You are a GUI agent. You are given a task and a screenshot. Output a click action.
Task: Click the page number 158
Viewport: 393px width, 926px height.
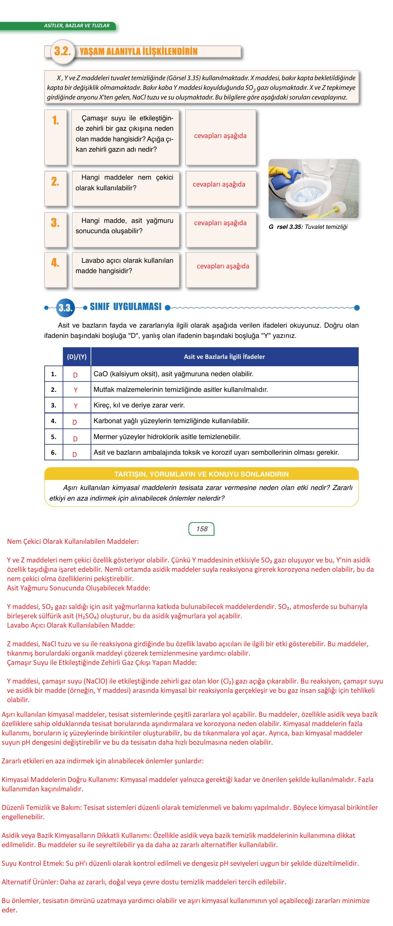coord(201,529)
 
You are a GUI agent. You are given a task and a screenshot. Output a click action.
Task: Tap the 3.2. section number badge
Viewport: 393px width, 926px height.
coord(63,52)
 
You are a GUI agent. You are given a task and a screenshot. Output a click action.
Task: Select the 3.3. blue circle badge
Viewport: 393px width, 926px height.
coord(66,308)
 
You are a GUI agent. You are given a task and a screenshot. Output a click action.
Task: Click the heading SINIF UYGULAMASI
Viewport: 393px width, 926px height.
coord(126,307)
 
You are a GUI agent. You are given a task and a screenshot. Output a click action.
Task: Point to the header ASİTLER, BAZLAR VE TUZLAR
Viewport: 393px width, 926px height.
coord(77,26)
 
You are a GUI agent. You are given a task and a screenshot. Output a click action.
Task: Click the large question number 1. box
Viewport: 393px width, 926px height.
coord(55,137)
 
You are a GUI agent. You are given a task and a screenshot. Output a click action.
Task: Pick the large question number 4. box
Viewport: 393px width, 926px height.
coord(55,270)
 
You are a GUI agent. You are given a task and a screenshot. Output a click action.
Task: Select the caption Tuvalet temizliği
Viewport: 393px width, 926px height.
coord(326,227)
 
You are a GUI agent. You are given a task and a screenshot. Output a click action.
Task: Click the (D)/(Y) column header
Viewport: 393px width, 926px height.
coord(77,357)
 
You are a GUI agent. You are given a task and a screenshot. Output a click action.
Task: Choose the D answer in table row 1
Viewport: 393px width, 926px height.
coord(75,375)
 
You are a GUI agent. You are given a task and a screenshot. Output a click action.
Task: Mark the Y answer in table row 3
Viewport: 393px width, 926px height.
coord(76,406)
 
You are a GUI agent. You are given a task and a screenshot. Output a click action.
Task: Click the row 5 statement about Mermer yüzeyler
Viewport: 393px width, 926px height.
coord(167,437)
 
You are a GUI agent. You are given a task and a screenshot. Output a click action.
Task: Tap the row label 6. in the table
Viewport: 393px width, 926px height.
coord(54,453)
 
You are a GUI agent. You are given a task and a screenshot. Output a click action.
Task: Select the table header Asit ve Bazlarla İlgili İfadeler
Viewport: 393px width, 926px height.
coord(224,357)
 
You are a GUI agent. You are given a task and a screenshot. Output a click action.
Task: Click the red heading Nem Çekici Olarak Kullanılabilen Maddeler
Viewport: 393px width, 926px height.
coord(73,541)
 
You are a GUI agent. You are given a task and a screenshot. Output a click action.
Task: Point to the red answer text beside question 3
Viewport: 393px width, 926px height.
coord(220,223)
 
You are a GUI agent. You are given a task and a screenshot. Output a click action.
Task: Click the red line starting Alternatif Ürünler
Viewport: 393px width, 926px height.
coord(144,882)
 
